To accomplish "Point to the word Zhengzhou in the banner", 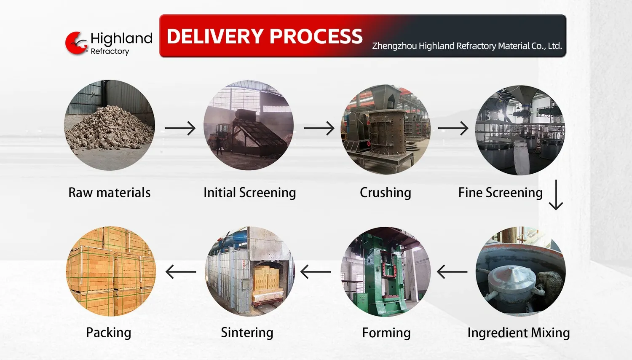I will [394, 46].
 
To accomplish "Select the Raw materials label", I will [110, 193].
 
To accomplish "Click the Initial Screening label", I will [249, 193].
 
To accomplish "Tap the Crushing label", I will [385, 193].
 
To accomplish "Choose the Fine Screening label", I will [500, 193].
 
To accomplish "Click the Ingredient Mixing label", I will [518, 333].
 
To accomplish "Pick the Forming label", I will [386, 333].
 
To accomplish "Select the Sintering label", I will [247, 333].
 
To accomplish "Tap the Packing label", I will [109, 333].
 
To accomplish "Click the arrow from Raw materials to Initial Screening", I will [180, 128].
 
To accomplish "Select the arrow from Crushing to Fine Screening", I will [453, 128].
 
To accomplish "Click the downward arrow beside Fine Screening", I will [556, 195].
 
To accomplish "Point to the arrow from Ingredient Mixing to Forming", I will [452, 272].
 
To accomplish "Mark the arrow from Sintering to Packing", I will [181, 272].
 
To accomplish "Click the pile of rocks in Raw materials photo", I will [109, 129].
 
